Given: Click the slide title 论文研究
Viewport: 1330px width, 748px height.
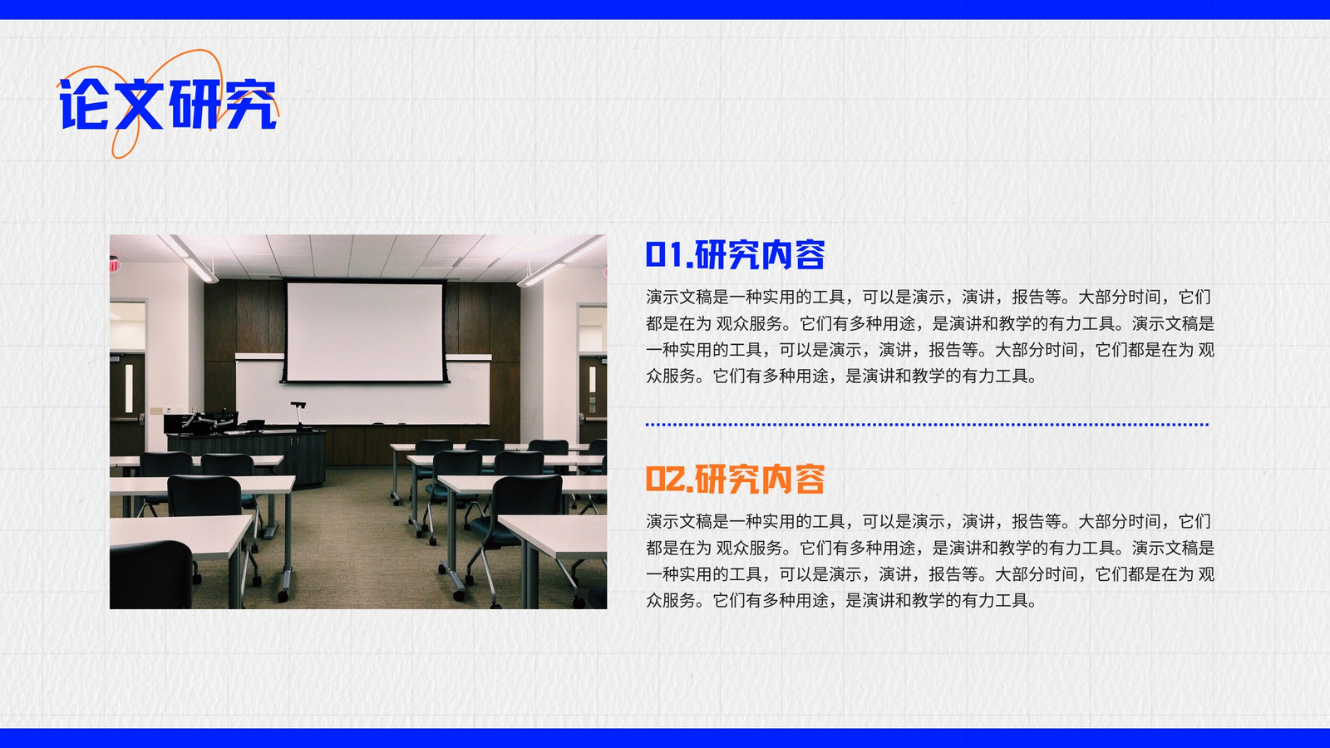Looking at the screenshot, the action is tap(168, 104).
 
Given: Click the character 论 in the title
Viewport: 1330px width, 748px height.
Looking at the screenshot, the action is tap(84, 104).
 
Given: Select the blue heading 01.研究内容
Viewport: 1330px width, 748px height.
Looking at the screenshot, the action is tap(735, 254).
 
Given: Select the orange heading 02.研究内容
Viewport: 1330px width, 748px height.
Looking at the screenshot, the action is tap(735, 479).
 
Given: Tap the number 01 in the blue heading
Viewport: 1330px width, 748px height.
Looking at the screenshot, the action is tap(665, 254).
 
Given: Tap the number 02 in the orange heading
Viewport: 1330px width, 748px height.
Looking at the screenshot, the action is tap(665, 479).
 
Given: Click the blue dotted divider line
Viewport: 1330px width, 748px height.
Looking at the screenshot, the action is tap(927, 425).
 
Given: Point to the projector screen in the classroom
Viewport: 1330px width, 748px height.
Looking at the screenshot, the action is tap(365, 332).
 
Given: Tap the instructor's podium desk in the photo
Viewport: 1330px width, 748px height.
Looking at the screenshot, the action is tap(246, 454).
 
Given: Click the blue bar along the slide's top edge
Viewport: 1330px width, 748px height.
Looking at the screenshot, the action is tap(665, 9).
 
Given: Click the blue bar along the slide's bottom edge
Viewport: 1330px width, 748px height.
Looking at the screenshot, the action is tap(665, 738).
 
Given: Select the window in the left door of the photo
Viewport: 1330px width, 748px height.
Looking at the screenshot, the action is tap(129, 388).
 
